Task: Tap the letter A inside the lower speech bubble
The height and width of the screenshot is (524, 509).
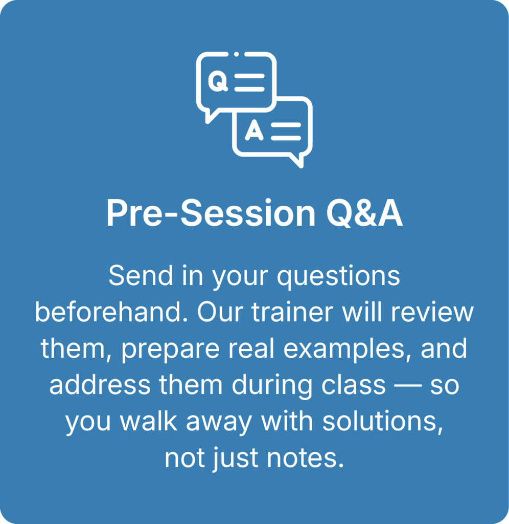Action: [x=254, y=129]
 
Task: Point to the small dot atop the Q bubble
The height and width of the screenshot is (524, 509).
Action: [x=236, y=54]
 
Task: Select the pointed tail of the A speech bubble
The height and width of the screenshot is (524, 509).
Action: [x=297, y=160]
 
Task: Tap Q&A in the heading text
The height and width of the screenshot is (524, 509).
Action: [x=364, y=213]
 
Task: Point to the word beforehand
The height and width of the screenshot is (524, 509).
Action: [x=111, y=312]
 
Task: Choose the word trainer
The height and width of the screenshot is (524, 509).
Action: [x=292, y=312]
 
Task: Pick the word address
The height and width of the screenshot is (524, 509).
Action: [x=100, y=385]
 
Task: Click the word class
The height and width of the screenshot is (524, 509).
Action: [x=354, y=385]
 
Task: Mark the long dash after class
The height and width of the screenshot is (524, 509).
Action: [x=408, y=386]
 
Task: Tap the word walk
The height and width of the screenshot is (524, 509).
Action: [x=149, y=421]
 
